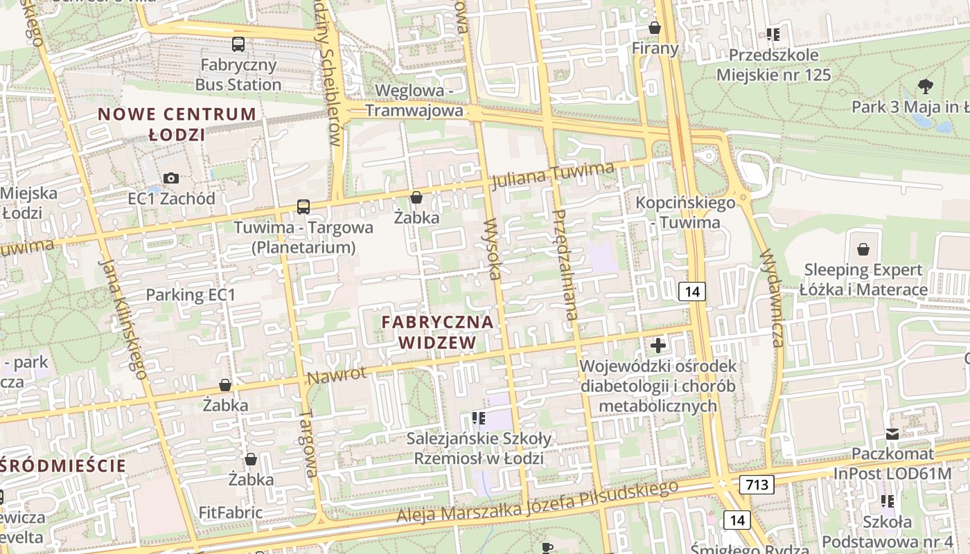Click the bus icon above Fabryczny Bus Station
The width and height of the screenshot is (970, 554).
[238, 44]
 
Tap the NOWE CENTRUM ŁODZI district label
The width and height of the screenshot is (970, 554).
[177, 124]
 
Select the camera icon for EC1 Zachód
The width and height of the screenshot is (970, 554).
[171, 178]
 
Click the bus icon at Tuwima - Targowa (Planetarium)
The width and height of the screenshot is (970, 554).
[303, 206]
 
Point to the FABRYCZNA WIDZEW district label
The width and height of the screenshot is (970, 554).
[437, 332]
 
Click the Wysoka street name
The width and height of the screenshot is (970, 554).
[493, 249]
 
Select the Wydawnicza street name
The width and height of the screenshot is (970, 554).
[770, 298]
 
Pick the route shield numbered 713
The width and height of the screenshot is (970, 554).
[756, 484]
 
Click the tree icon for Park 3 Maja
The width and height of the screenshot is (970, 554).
[925, 87]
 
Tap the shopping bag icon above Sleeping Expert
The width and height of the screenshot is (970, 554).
[863, 249]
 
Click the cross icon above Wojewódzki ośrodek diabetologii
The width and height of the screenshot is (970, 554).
[658, 345]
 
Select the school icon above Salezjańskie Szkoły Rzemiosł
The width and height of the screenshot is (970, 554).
[478, 418]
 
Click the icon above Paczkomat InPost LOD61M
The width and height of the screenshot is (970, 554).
[892, 434]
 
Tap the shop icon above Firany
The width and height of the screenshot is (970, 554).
[654, 28]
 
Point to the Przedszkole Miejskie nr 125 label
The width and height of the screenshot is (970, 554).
[773, 64]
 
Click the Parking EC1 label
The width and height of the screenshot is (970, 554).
[191, 294]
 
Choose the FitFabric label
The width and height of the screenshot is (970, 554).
[231, 512]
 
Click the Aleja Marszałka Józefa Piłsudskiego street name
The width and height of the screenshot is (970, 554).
[538, 503]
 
